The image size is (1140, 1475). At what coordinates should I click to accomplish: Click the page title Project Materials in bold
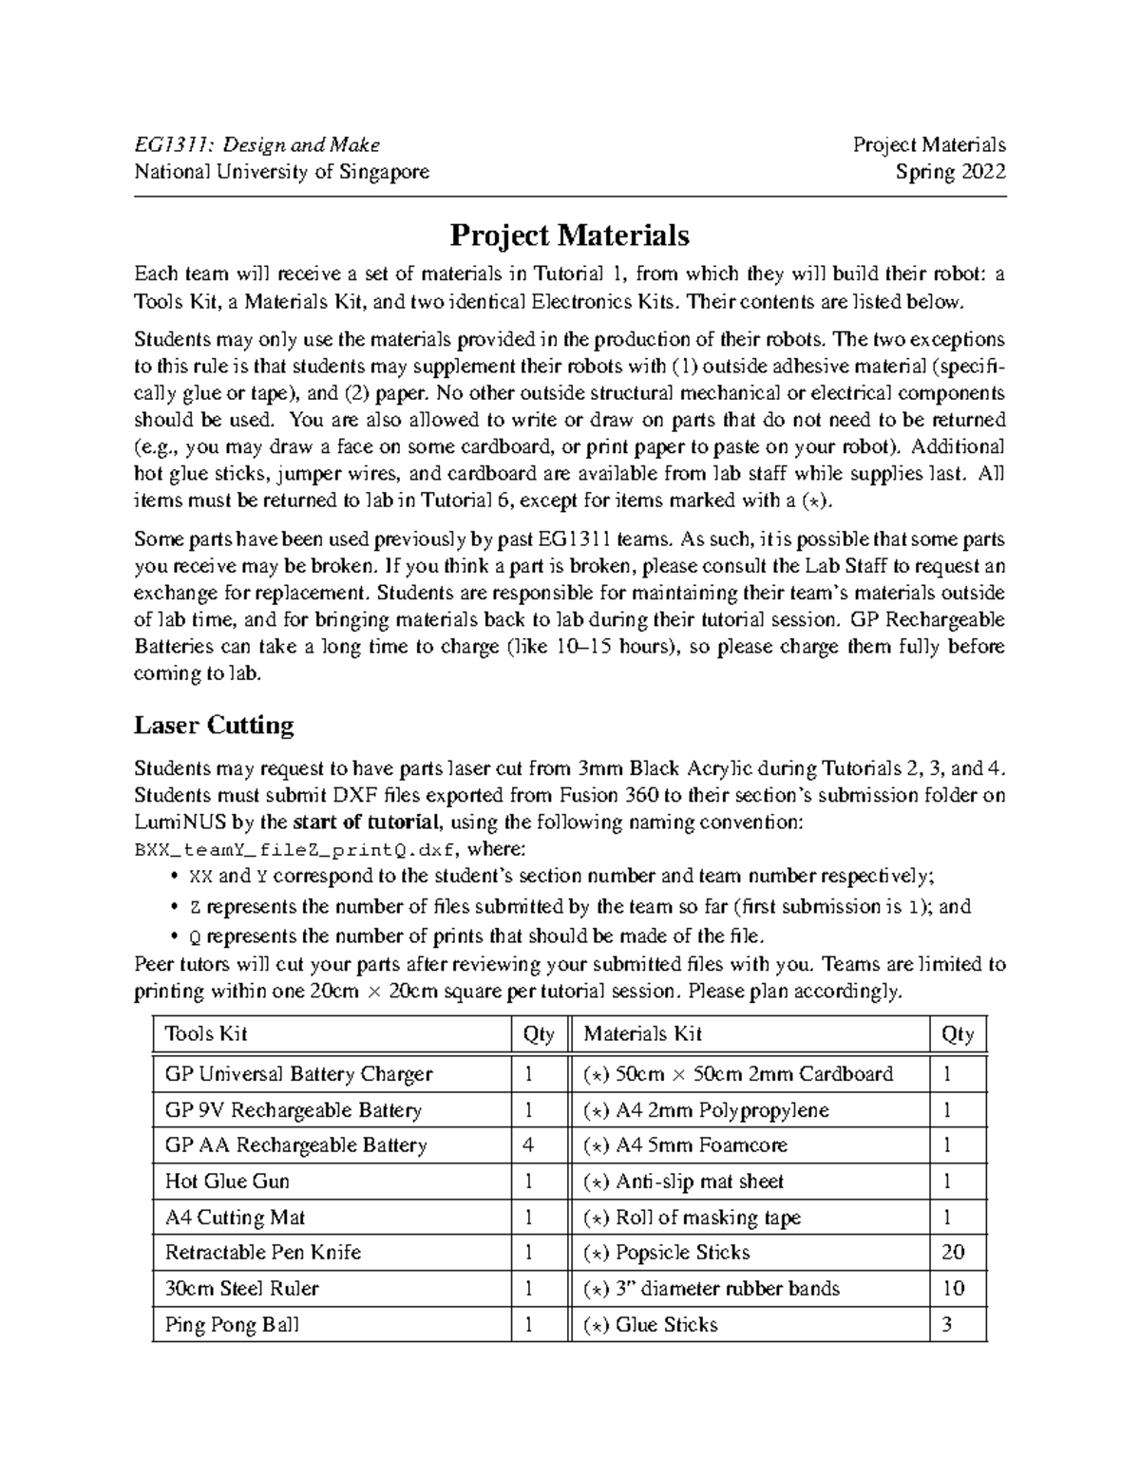pos(569,235)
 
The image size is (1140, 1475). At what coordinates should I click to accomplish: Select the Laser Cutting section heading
pos(214,726)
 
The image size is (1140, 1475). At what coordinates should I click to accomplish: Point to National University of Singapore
pos(281,172)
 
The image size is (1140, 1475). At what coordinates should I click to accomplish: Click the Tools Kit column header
pos(206,1033)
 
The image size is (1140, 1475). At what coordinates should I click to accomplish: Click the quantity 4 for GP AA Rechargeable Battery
pos(528,1145)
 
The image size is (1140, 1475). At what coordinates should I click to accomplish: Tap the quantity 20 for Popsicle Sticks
pos(953,1252)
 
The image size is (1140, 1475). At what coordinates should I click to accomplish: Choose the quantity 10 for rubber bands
pos(953,1288)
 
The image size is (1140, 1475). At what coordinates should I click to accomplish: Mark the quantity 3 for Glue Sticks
pos(946,1324)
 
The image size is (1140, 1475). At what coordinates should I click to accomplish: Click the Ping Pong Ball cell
pos(232,1324)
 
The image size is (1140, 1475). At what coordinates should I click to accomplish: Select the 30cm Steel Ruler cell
pos(241,1288)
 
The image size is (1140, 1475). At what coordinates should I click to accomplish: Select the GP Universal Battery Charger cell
pos(298,1074)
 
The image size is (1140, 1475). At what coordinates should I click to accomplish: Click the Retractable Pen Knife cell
pos(263,1252)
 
